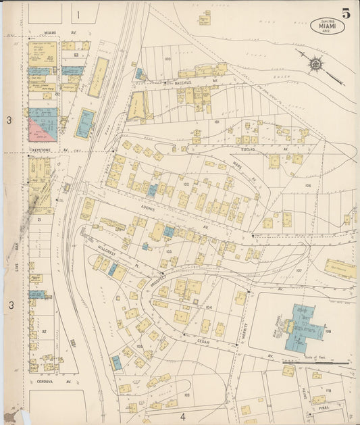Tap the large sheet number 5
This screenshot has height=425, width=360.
click(x=346, y=13)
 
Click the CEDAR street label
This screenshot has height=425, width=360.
click(x=204, y=342)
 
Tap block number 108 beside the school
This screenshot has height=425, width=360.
click(x=328, y=332)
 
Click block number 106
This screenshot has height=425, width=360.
click(x=307, y=185)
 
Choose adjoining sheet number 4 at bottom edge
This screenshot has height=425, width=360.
click(x=182, y=416)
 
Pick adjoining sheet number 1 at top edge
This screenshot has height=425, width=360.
click(x=78, y=14)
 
